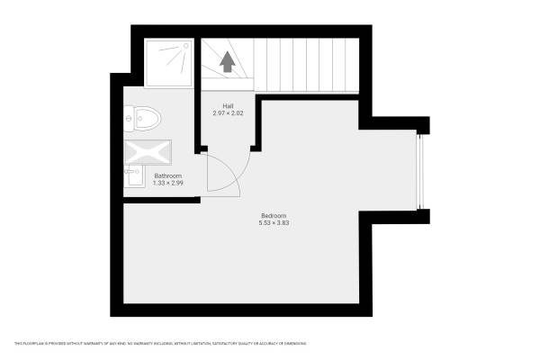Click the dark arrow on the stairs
click(228, 62)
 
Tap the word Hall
click(229, 106)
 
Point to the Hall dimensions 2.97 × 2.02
click(229, 113)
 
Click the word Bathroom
click(167, 175)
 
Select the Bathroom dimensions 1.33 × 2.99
click(167, 183)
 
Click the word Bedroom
click(274, 215)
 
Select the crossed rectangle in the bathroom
click(146, 151)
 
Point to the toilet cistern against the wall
click(130, 116)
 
